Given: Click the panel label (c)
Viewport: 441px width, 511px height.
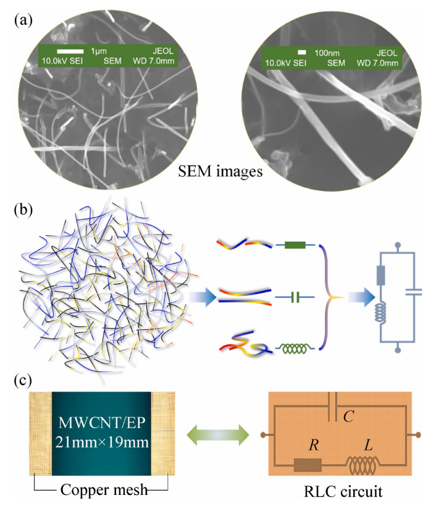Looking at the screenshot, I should pyautogui.click(x=23, y=377).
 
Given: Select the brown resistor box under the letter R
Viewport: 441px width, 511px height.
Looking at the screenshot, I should pyautogui.click(x=308, y=466).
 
